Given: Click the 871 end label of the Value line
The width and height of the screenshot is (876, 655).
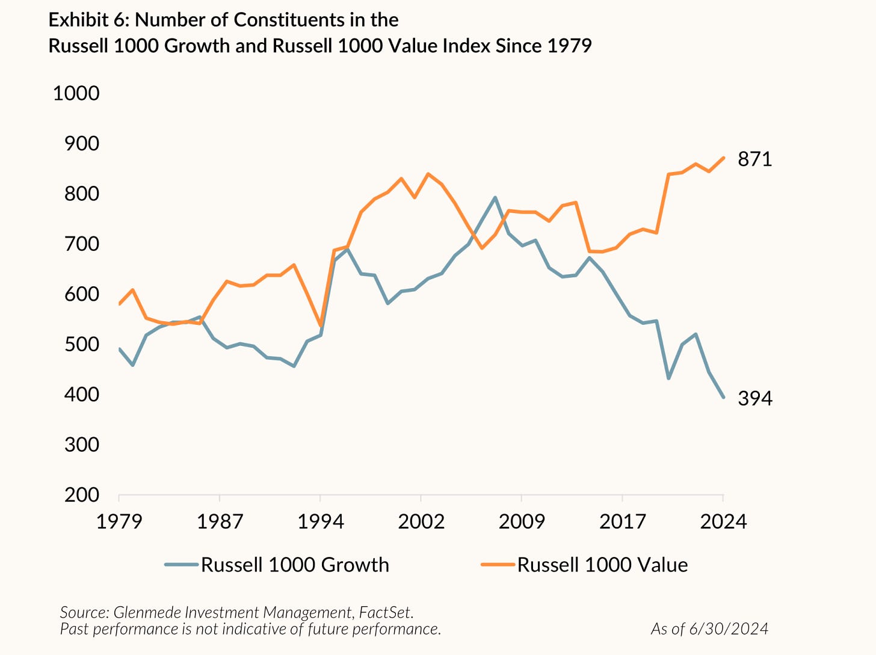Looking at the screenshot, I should click(754, 159).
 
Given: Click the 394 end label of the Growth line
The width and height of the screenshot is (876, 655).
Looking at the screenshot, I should click(754, 398).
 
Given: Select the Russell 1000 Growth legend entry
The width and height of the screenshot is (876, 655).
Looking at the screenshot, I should click(294, 565).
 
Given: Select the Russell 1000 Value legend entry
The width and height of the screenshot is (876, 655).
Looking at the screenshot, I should click(602, 565).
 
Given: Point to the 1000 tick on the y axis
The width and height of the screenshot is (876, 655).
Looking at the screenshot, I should click(76, 93).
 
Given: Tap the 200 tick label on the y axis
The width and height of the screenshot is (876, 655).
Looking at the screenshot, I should click(82, 494).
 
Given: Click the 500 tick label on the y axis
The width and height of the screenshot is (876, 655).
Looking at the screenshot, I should click(82, 344).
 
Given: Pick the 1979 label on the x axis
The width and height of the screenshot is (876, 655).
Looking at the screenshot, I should click(119, 521).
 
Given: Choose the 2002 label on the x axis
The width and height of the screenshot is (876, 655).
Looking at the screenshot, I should click(421, 521).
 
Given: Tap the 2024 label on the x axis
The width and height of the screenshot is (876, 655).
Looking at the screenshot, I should click(723, 521).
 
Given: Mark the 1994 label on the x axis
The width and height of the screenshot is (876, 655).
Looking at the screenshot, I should click(321, 521).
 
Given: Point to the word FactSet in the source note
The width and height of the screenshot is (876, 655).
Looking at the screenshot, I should click(385, 612).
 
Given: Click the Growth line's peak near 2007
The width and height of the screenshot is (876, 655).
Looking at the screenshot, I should click(495, 197).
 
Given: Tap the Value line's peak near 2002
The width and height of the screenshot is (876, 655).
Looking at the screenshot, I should click(428, 174).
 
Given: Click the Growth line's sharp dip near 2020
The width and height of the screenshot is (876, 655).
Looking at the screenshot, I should click(669, 378).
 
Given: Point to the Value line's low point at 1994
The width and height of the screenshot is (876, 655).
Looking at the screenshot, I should click(321, 325).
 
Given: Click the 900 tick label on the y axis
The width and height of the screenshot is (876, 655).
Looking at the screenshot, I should click(82, 143).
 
